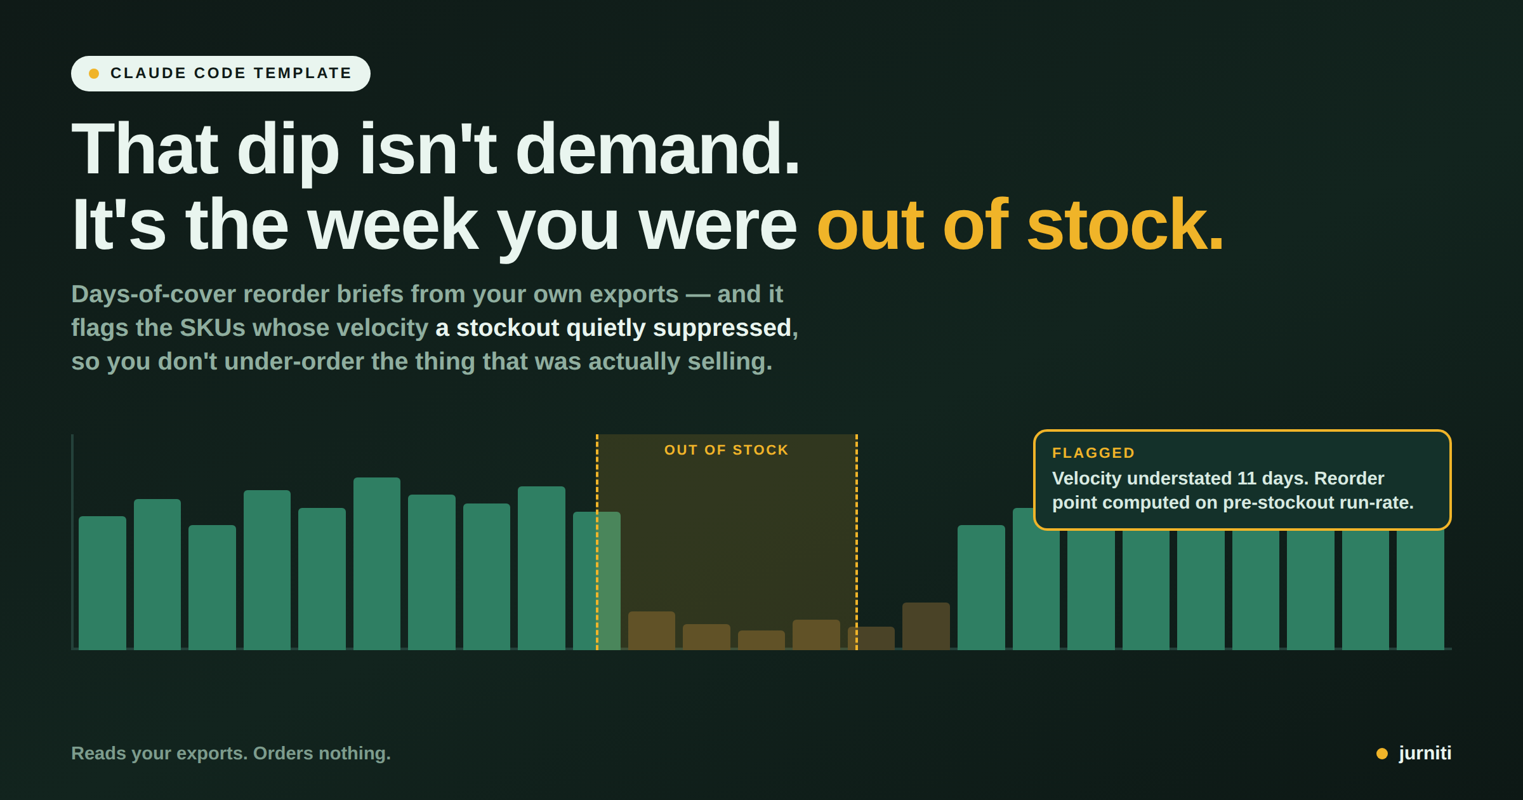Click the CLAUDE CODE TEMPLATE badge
coord(220,74)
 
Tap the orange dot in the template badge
coord(94,74)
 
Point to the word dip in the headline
coord(288,152)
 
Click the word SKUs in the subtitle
coord(213,328)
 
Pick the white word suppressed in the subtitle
coord(722,329)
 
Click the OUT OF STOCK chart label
coord(727,450)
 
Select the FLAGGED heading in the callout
coord(1093,453)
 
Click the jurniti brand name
coord(1425,753)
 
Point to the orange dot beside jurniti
coord(1382,754)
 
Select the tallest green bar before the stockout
coord(377,563)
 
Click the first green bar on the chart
coord(102,582)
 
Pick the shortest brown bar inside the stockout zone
coord(762,639)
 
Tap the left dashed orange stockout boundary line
coord(597,542)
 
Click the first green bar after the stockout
coord(981,587)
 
